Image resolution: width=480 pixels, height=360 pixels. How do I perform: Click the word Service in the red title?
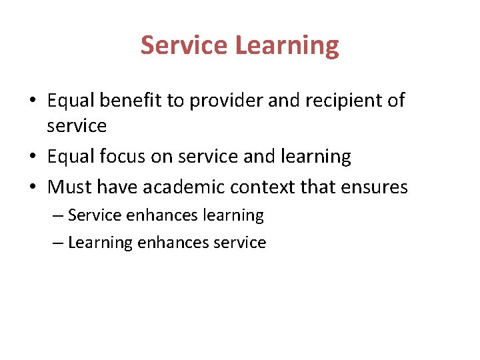pyautogui.click(x=184, y=45)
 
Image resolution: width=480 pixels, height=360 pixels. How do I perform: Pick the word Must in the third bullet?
pyautogui.click(x=69, y=187)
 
